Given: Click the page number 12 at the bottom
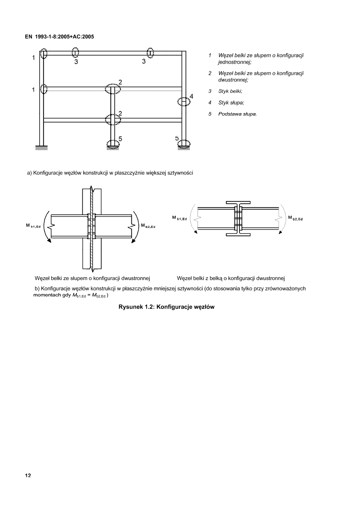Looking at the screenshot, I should [x=28, y=475].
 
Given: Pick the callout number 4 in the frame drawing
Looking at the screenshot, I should [x=191, y=96].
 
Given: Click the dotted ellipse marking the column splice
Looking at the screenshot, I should [x=184, y=101].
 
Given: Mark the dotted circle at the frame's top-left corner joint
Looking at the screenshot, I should [x=44, y=54].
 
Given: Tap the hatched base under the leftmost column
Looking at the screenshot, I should [x=41, y=148].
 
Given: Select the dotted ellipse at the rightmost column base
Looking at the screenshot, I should [x=185, y=143].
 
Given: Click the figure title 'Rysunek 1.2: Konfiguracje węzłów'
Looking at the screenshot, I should [x=166, y=307].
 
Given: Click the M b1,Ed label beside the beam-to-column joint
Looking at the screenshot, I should [x=33, y=226].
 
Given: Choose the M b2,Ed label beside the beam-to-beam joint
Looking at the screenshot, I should [x=295, y=218].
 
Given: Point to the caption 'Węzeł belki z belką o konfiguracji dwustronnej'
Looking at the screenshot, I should [x=231, y=278].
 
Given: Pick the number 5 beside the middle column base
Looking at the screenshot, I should [x=120, y=139].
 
